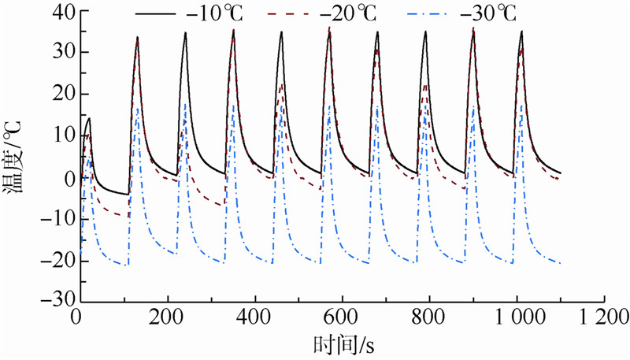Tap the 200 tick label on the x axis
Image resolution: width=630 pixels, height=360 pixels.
click(x=164, y=319)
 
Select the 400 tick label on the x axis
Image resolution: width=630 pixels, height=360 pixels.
click(x=252, y=319)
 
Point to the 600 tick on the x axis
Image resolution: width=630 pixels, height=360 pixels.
click(x=340, y=319)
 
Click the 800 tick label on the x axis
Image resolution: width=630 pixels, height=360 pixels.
click(x=428, y=319)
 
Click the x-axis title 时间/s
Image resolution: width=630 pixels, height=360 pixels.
click(x=340, y=344)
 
